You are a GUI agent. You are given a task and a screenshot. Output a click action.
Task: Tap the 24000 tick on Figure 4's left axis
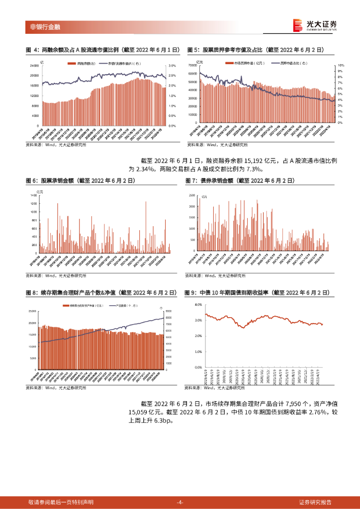(34, 66)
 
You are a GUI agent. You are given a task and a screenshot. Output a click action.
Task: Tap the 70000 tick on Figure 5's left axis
(193, 66)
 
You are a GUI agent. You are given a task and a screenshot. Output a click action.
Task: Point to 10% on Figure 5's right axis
(341, 66)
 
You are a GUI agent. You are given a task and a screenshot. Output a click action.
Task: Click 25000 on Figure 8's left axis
(33, 311)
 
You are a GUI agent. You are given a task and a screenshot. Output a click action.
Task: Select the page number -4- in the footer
(180, 502)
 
